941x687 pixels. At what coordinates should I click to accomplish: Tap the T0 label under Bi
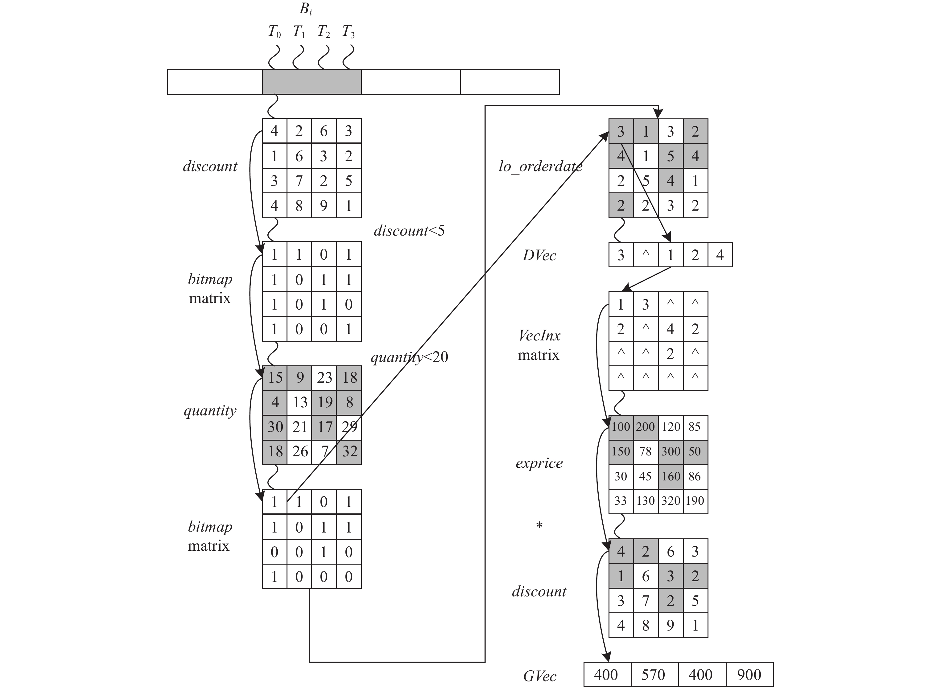point(274,31)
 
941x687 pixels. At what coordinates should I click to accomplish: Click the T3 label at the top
point(348,31)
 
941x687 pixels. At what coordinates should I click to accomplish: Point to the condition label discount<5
point(409,230)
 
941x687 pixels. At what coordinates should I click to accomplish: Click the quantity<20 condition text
point(409,357)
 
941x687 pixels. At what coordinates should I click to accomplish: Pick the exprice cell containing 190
point(695,501)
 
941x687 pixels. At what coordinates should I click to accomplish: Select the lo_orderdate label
point(540,166)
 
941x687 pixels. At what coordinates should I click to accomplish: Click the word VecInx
point(539,335)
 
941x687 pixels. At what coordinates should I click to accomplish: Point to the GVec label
point(539,676)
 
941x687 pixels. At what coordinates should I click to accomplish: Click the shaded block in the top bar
point(312,82)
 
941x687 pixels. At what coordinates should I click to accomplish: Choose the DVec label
point(539,255)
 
